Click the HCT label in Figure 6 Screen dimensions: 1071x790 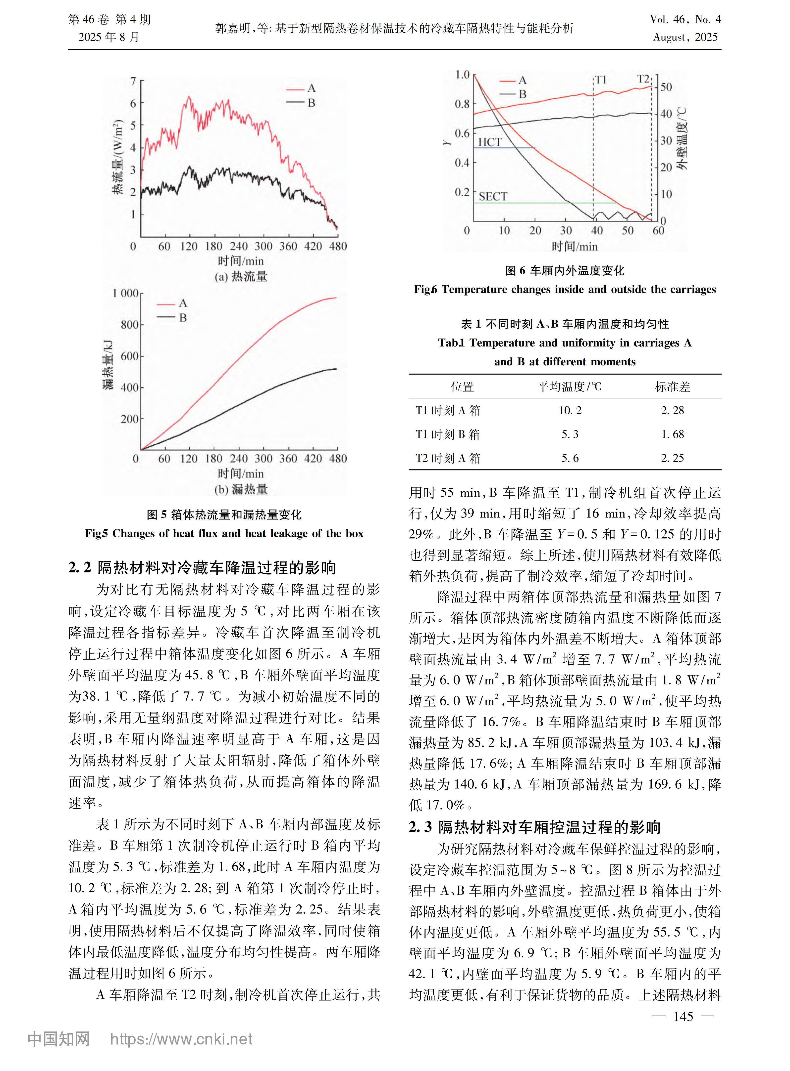click(490, 142)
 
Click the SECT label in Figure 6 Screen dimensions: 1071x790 click(493, 196)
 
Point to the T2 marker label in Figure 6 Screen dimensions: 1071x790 click(644, 79)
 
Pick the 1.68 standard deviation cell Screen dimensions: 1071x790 click(672, 434)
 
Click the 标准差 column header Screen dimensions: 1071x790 click(672, 386)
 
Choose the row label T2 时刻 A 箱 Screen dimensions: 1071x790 click(448, 458)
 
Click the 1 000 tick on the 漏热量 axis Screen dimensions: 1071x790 click(125, 293)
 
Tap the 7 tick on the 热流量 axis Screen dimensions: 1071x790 click(133, 81)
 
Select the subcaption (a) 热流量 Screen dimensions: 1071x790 click(241, 277)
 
